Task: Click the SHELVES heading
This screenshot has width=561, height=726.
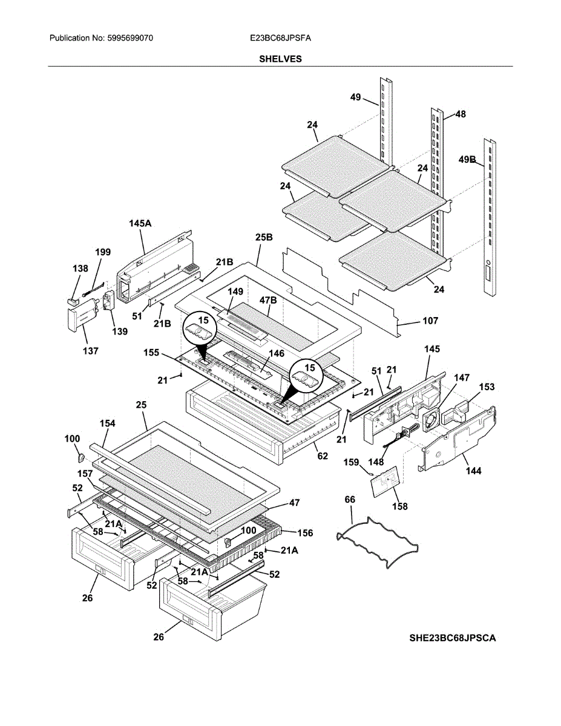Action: click(280, 59)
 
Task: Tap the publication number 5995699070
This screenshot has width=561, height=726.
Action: click(130, 38)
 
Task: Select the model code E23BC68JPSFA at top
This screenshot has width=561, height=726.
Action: click(280, 38)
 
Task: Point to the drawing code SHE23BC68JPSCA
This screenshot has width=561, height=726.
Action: click(452, 638)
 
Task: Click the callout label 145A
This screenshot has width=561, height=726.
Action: click(140, 223)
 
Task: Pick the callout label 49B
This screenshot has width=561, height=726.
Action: click(467, 160)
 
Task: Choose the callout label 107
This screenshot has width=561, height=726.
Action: click(430, 321)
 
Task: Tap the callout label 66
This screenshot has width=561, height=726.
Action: click(350, 499)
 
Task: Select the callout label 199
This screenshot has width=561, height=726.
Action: click(103, 252)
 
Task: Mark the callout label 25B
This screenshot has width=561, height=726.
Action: click(264, 238)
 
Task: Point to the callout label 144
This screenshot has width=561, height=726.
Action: click(473, 471)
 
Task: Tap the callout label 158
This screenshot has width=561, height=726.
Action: click(400, 506)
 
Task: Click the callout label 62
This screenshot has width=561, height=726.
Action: click(323, 456)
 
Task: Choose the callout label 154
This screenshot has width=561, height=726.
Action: click(108, 423)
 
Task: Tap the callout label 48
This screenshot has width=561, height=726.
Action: click(461, 113)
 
